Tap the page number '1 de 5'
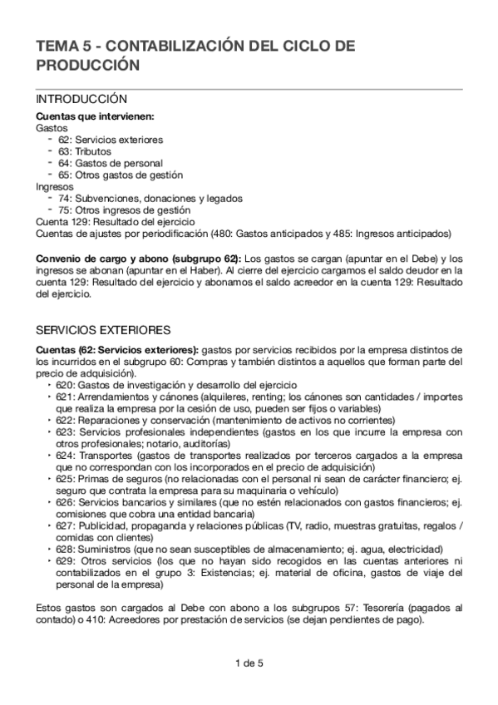pos(249,663)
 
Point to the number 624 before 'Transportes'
pos(65,456)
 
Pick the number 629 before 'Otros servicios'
pos(65,561)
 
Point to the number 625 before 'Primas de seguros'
pos(65,480)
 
